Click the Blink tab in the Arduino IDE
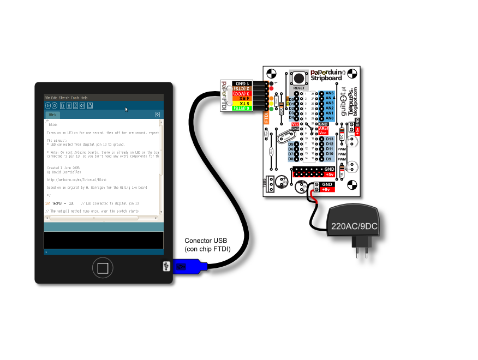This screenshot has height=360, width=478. (53, 115)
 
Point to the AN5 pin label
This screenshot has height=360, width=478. (330, 93)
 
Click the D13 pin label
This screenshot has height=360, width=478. (330, 139)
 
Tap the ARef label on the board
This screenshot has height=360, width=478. (322, 128)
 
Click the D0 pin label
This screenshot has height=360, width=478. (291, 99)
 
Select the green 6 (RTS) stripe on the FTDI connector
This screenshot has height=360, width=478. (241, 108)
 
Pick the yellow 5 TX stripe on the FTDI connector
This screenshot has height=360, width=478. (241, 103)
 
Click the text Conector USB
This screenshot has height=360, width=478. (205, 241)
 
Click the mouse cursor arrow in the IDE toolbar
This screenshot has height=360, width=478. (127, 109)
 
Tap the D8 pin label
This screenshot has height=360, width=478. (291, 159)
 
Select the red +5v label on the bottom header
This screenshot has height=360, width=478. (329, 175)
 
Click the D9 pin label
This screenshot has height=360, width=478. (330, 159)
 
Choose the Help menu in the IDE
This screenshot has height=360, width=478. (84, 98)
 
